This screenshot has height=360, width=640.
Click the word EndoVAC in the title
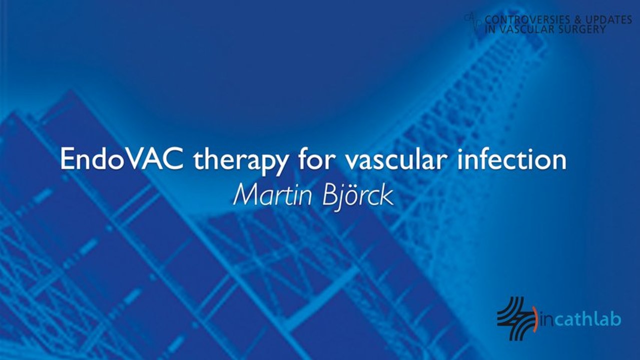pos(122,158)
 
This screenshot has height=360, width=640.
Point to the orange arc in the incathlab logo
pos(536,319)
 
